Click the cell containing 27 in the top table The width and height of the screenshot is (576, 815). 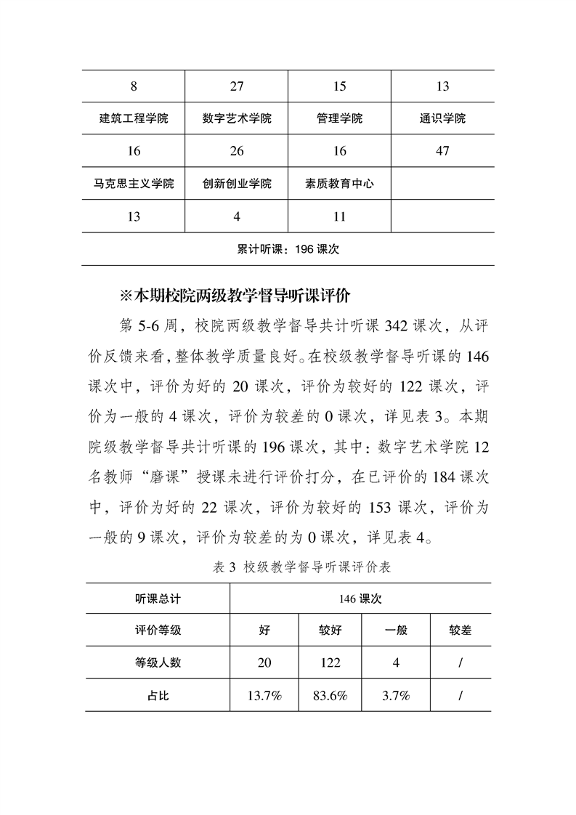click(x=237, y=86)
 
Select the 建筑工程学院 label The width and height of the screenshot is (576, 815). click(x=134, y=118)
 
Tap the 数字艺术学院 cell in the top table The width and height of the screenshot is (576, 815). click(x=237, y=118)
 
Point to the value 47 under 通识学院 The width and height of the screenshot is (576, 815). click(x=442, y=151)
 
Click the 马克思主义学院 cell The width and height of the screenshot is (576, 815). click(x=134, y=184)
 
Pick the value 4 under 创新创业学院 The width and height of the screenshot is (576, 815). click(x=237, y=216)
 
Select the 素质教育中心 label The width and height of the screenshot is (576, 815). click(x=340, y=184)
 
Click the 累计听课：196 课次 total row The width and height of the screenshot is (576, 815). click(x=288, y=248)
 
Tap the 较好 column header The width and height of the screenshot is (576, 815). click(x=330, y=630)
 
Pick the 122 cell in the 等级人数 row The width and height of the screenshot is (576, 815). click(x=330, y=662)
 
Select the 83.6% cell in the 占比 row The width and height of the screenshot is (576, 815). click(x=330, y=695)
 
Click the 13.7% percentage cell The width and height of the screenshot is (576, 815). click(x=264, y=695)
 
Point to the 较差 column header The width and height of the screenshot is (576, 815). click(x=461, y=630)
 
